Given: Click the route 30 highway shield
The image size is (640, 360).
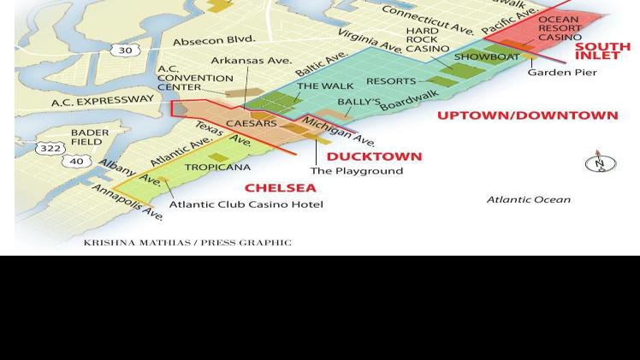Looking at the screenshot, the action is click(x=125, y=50).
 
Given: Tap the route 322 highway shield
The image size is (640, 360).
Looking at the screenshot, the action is click(x=50, y=149).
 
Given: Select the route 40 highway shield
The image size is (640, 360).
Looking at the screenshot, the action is click(x=77, y=161).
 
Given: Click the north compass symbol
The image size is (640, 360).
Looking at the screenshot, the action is click(x=600, y=162).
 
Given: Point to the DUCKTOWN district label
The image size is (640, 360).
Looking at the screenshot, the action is click(x=374, y=156).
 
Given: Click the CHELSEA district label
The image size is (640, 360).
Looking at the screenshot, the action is click(x=280, y=188).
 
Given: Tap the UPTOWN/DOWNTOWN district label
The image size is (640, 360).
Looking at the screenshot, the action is click(x=527, y=115).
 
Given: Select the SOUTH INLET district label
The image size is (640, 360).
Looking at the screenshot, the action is click(x=602, y=51).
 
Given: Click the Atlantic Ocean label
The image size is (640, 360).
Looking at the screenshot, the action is click(x=528, y=199).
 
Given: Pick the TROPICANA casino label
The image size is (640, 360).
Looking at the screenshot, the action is click(x=217, y=168).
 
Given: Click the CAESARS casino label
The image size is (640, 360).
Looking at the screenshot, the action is click(x=251, y=123).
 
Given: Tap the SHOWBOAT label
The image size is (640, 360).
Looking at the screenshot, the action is click(x=487, y=57).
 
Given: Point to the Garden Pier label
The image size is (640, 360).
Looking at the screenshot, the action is click(x=562, y=73).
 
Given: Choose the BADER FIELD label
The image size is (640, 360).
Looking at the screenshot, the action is click(x=90, y=137).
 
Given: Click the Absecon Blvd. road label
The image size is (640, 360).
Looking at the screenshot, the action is click(x=214, y=40).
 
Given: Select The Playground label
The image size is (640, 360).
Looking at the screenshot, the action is click(x=356, y=171).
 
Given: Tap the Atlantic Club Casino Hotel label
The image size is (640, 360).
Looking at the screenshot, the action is click(x=246, y=204).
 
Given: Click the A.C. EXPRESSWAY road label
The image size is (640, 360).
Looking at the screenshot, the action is click(x=102, y=101).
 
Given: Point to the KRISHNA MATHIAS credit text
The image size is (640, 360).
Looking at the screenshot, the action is click(x=187, y=243).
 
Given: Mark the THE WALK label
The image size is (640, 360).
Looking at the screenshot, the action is click(x=325, y=86).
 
